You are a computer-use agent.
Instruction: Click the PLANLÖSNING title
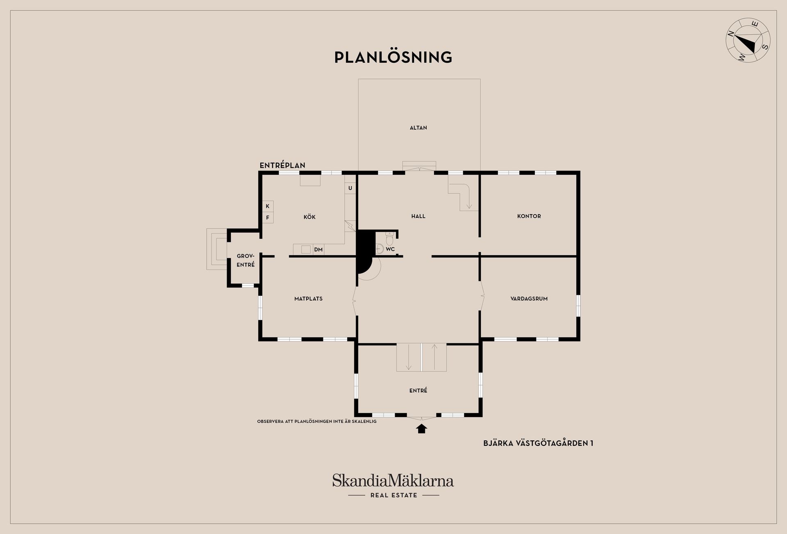pos(393,57)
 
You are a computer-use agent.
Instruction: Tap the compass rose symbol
pos(748,40)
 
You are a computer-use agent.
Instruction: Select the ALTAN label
pos(418,128)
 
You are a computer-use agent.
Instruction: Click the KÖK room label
pos(309,217)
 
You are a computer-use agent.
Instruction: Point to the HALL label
pos(418,216)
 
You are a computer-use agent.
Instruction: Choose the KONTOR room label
pos(529,216)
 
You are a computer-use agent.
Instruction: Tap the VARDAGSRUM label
pos(529,299)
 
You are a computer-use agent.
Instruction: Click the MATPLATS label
pos(308,299)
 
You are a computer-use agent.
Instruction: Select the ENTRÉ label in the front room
pos(418,390)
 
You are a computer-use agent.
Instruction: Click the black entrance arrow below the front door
pos(421,429)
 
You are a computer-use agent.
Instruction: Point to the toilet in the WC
pos(389,237)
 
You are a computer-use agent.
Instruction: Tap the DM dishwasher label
pos(318,249)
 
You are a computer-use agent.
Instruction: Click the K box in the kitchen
pos(268,206)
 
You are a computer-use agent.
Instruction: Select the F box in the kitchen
pos(268,217)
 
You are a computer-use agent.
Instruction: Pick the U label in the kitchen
pos(350,188)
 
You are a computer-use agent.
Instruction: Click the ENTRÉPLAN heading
pos(282,165)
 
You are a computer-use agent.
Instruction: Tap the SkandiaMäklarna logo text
pos(393,480)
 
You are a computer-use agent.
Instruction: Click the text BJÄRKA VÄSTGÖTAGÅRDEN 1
pos(538,443)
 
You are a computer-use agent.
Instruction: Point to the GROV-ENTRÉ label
pos(246,260)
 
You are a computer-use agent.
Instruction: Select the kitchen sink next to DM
pos(306,249)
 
